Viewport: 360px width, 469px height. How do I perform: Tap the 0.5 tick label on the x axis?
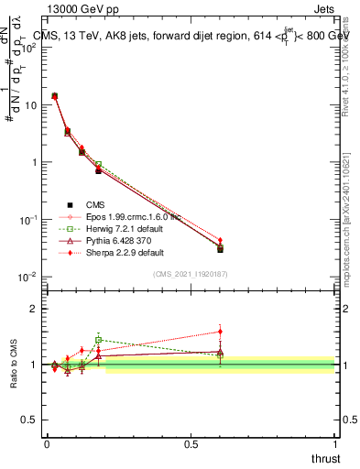pyautogui.click(x=191, y=443)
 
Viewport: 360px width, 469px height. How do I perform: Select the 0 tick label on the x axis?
pyautogui.click(x=47, y=443)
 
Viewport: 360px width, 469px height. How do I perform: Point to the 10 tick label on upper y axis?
pyautogui.click(x=30, y=105)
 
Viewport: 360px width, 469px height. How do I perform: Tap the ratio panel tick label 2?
pyautogui.click(x=35, y=309)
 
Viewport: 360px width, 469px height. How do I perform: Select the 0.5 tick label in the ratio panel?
pyautogui.click(x=30, y=420)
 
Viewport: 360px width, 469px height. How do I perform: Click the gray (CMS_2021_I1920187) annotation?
pyautogui.click(x=190, y=274)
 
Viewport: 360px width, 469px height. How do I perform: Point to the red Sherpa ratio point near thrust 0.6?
pyautogui.click(x=220, y=332)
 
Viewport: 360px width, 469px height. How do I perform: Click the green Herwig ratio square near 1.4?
pyautogui.click(x=98, y=340)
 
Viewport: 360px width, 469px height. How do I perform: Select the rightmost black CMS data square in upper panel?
pyautogui.click(x=220, y=249)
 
